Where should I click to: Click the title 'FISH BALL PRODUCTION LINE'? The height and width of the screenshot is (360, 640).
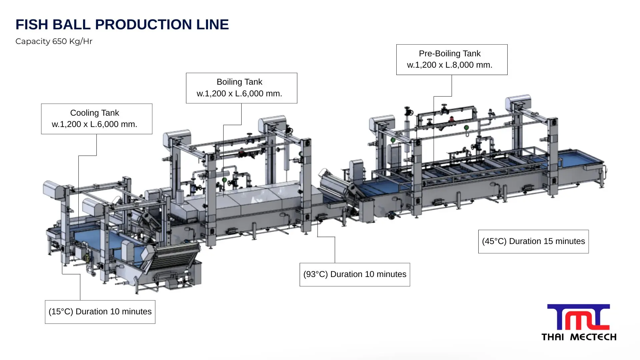(x=122, y=25)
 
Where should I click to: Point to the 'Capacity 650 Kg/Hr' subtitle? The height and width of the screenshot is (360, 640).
(x=54, y=41)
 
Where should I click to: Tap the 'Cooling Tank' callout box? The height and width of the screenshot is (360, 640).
(x=97, y=119)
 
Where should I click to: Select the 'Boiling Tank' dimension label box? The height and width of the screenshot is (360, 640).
(x=241, y=88)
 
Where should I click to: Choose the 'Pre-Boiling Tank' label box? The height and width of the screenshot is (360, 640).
(x=452, y=59)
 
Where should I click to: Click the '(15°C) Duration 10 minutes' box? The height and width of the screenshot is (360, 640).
(x=100, y=312)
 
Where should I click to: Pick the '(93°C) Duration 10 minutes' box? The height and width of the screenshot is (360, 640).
(x=355, y=274)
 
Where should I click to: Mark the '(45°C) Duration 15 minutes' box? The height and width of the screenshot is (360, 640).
(x=533, y=241)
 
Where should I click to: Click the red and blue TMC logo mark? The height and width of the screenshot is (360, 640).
(x=578, y=317)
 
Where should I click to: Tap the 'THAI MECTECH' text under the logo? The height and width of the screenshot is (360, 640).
(x=579, y=337)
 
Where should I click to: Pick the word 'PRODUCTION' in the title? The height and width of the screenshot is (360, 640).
(x=143, y=25)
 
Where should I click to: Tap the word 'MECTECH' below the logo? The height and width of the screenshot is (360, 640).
(x=593, y=337)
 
